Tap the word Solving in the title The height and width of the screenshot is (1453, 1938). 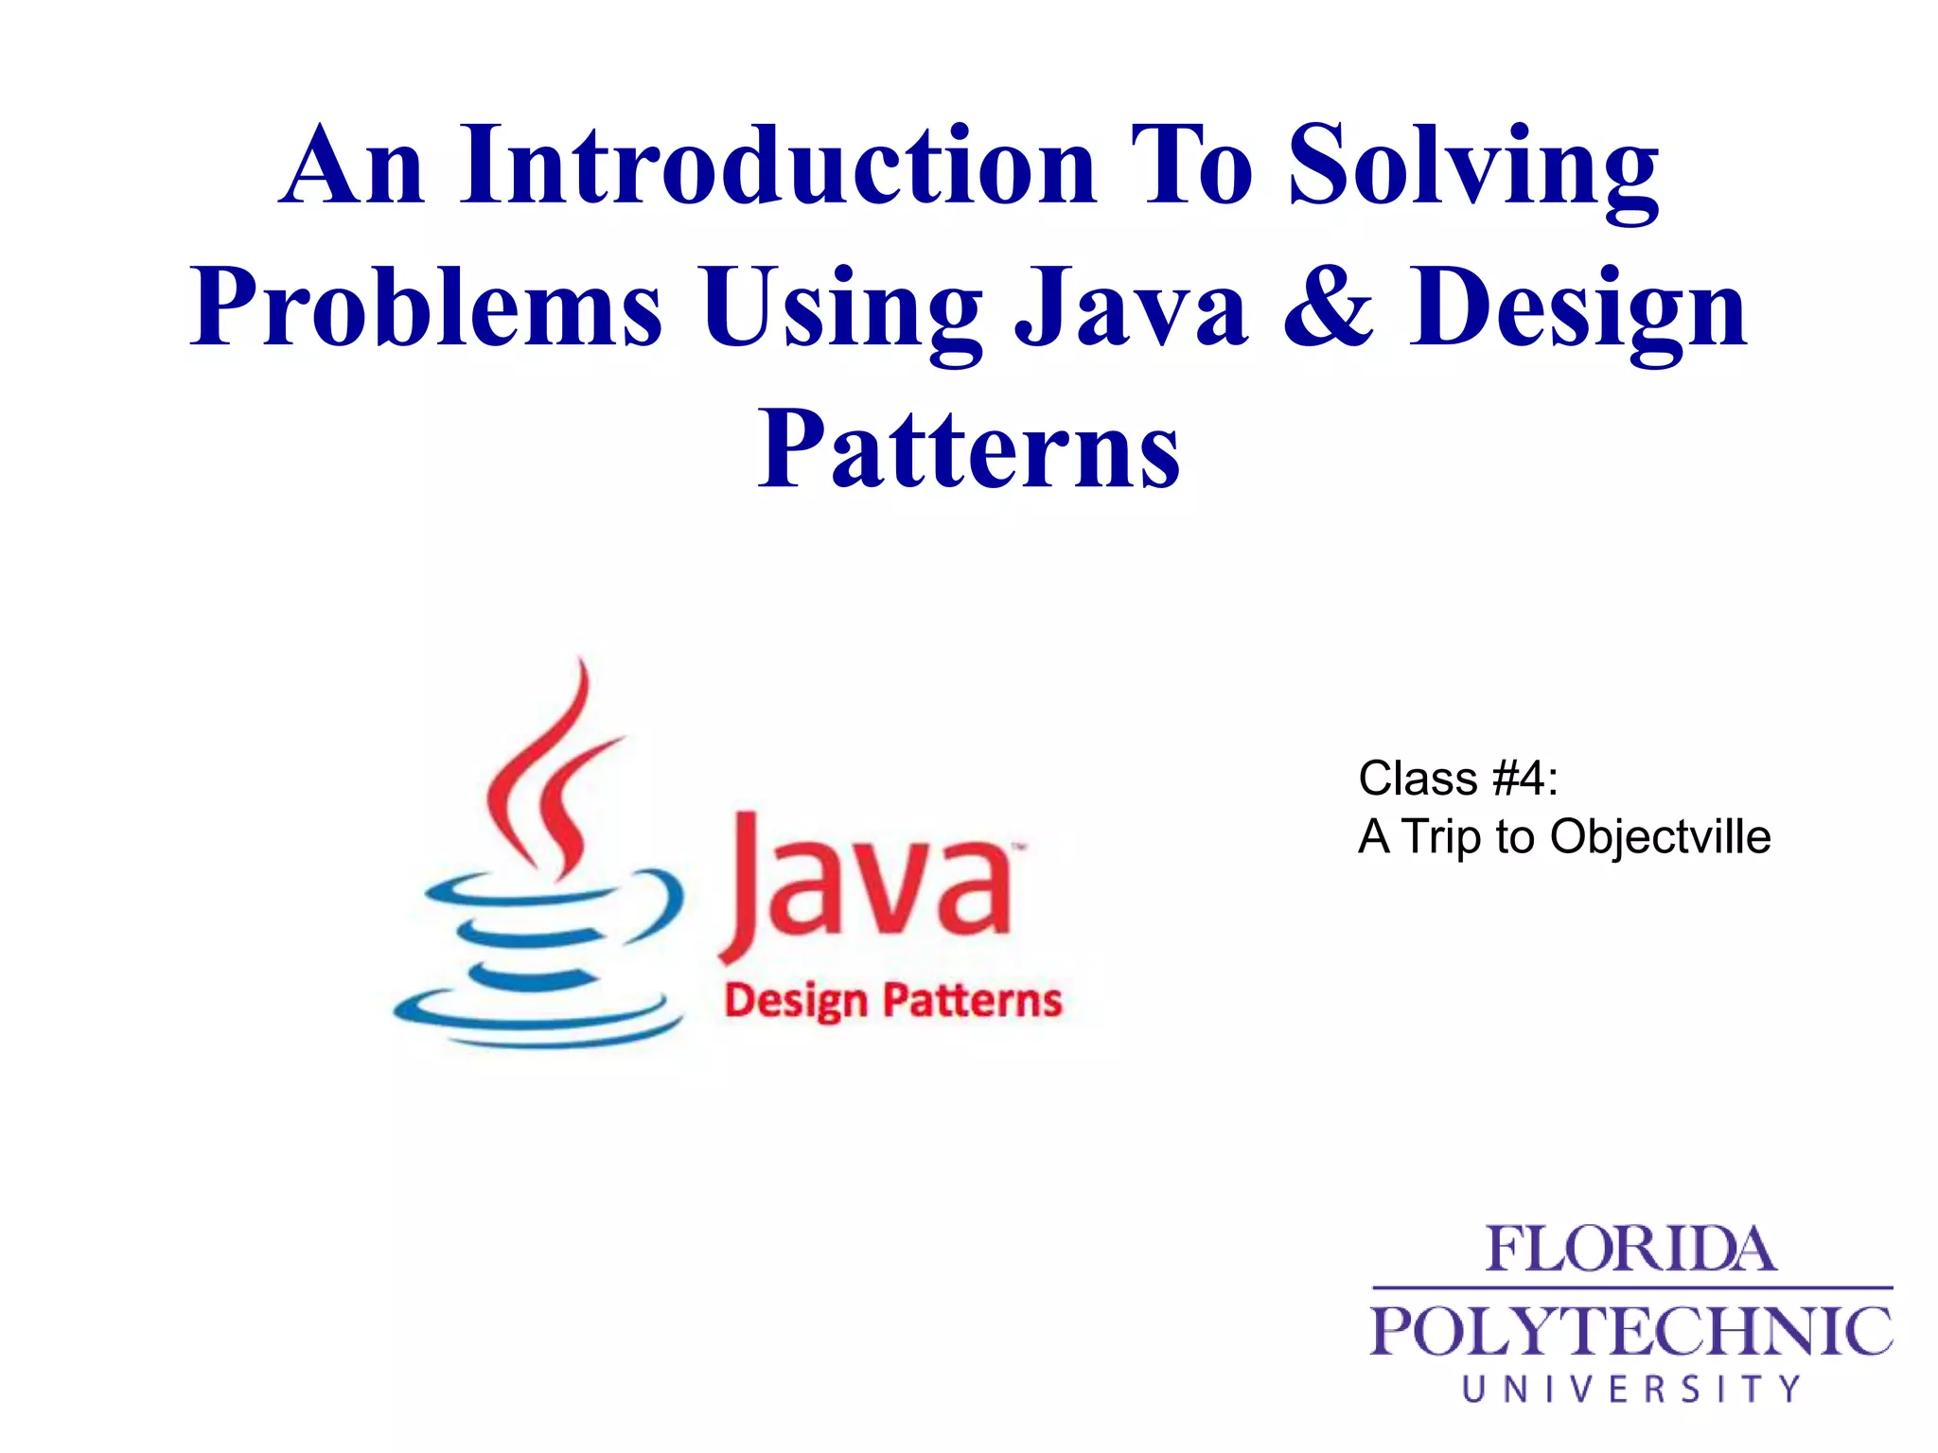1473,168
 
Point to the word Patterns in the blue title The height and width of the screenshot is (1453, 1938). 969,450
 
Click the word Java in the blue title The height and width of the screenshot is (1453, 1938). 1132,308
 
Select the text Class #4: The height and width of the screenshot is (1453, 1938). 1457,779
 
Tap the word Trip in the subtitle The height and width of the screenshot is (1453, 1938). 1440,837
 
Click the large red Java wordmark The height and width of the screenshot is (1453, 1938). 866,889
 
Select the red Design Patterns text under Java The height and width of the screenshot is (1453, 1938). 892,1001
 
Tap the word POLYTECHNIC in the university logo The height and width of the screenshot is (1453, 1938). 1630,1332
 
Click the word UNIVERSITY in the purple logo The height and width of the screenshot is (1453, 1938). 1630,1389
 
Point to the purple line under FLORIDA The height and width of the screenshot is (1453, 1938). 1630,1287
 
